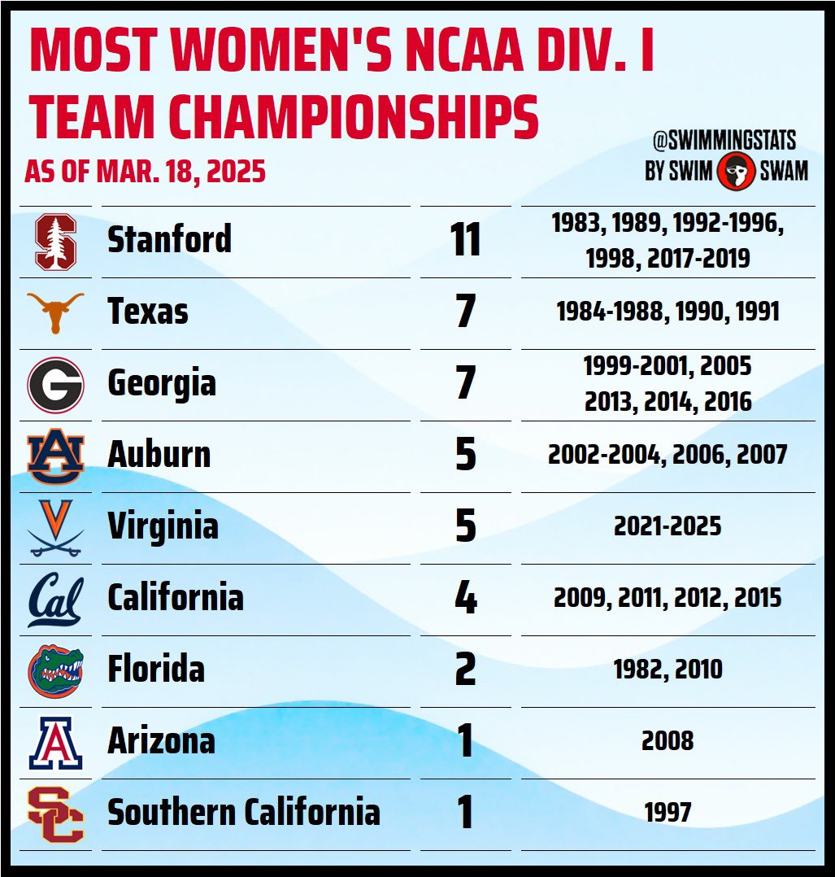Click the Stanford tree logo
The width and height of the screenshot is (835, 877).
point(55,242)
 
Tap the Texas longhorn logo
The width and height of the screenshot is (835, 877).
point(55,312)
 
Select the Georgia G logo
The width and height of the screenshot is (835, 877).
point(55,384)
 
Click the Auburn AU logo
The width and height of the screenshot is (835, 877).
point(55,456)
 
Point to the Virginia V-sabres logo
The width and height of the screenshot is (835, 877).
point(55,527)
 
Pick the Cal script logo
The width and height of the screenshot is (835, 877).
point(55,600)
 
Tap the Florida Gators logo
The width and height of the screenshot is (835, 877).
point(55,670)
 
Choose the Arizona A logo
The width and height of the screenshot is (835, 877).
point(55,741)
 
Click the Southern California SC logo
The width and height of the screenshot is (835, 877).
point(55,814)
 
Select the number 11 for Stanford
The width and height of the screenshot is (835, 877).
point(465,242)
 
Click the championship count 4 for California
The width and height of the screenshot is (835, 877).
point(465,599)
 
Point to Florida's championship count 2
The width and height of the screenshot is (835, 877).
point(465,670)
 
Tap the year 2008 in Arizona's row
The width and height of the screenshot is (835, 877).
point(668,741)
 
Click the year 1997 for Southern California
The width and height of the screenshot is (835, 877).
point(668,813)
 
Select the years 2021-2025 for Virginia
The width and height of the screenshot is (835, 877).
point(668,526)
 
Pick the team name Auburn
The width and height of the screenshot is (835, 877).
point(159,456)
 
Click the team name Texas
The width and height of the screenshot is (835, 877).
point(147,312)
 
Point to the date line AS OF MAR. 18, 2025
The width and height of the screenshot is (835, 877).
point(145,172)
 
